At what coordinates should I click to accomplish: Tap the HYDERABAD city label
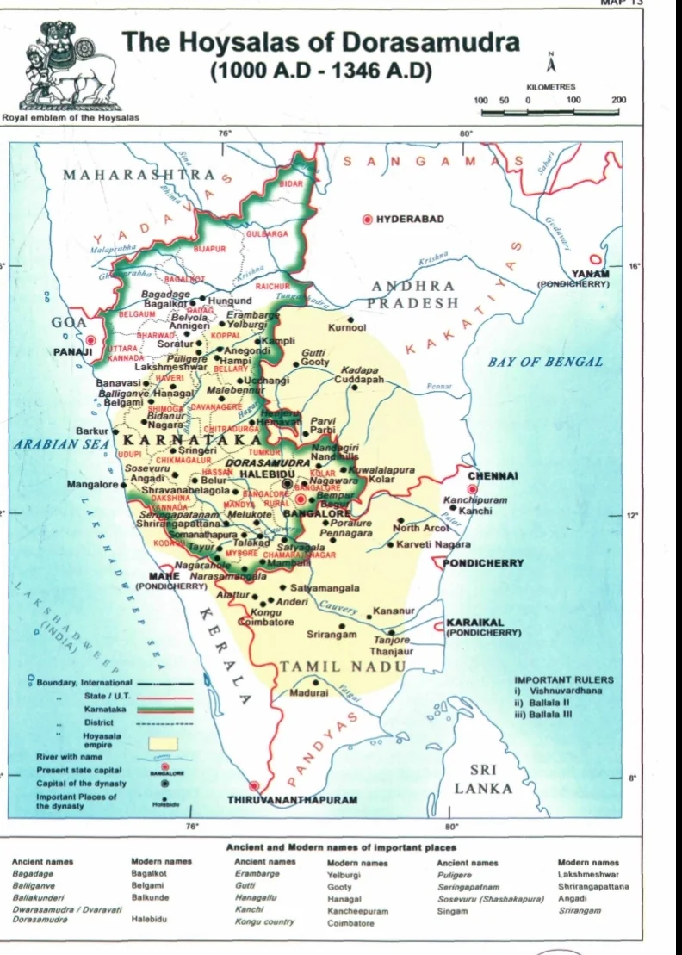point(410,219)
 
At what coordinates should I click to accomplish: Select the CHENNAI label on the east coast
point(493,475)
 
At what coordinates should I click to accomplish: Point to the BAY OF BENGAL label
point(546,362)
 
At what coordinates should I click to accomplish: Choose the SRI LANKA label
point(483,778)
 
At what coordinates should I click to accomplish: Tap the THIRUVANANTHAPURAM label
point(292,800)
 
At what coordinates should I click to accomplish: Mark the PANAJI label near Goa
point(71,352)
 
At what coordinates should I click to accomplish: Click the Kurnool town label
point(347,327)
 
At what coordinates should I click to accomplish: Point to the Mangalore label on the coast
point(92,485)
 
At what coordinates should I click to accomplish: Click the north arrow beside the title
point(550,67)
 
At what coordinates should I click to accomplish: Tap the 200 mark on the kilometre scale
point(618,100)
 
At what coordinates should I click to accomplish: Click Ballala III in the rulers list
point(551,715)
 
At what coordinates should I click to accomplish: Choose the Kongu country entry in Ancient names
point(264,921)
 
